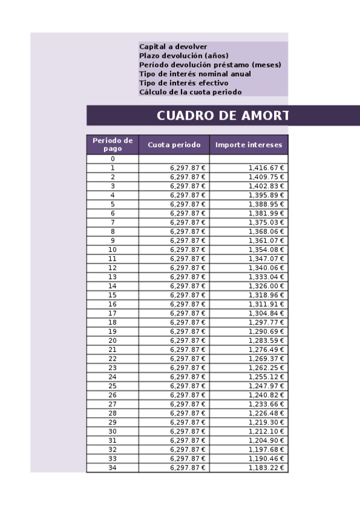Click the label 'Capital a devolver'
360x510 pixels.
tap(173, 46)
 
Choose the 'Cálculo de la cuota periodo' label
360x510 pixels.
tap(190, 92)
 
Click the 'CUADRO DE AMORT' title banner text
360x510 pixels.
tap(222, 116)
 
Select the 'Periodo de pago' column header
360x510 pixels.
tap(112, 144)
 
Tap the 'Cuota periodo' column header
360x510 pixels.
tap(174, 145)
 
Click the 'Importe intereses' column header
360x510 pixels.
tap(248, 145)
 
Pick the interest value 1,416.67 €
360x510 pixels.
tap(266, 168)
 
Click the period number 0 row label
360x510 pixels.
tap(112, 159)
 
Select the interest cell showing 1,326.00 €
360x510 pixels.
tap(266, 286)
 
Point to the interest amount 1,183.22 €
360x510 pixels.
tap(266, 468)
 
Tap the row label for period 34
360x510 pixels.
tap(112, 468)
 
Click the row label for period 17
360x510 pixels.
tap(112, 313)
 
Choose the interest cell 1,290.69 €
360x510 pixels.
tap(266, 331)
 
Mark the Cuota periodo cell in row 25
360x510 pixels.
tap(188, 386)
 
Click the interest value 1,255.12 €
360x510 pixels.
tap(266, 377)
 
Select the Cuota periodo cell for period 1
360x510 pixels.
tap(188, 168)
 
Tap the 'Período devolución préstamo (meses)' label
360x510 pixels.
tap(210, 65)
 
